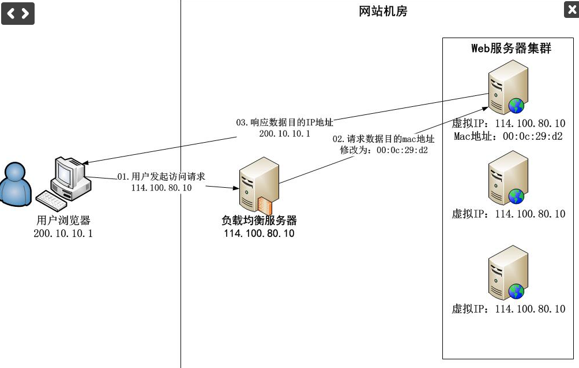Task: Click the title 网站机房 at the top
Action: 383,11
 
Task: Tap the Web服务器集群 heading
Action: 511,49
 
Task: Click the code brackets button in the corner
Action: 17,13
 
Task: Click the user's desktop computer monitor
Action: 70,174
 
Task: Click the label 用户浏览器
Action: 63,221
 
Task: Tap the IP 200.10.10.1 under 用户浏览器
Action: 63,233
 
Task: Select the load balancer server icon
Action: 259,186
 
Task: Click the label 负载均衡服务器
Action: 259,221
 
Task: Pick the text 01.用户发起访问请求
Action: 161,177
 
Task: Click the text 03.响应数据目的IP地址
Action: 285,122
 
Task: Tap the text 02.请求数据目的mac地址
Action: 384,139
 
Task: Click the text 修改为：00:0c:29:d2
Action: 384,150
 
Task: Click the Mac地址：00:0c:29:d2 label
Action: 508,136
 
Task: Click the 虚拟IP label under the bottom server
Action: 508,309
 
